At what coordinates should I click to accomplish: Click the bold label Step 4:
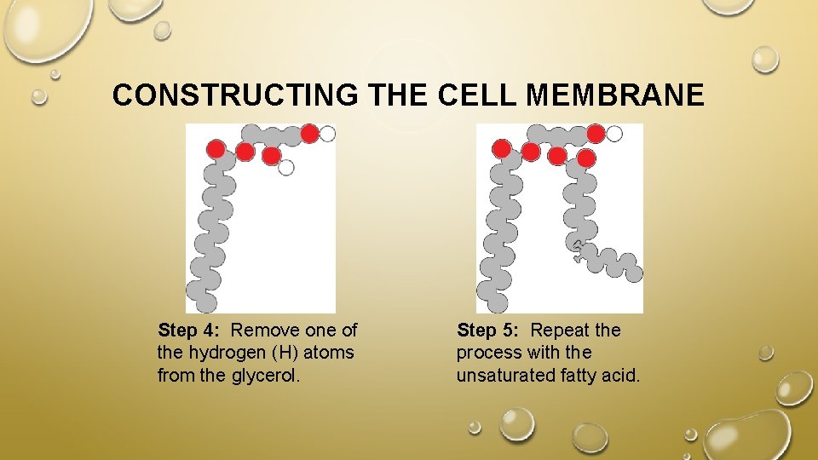coord(190,330)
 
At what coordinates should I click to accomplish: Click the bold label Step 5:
coord(488,330)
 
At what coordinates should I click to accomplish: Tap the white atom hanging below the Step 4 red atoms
coord(286,167)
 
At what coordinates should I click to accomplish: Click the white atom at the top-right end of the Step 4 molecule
coord(327,133)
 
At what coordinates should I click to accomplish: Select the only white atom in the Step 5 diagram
coord(613,133)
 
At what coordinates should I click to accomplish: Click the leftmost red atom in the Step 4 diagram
coord(216,149)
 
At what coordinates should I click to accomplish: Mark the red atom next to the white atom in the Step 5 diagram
coord(596,133)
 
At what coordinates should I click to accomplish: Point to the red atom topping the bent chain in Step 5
coord(586,158)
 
